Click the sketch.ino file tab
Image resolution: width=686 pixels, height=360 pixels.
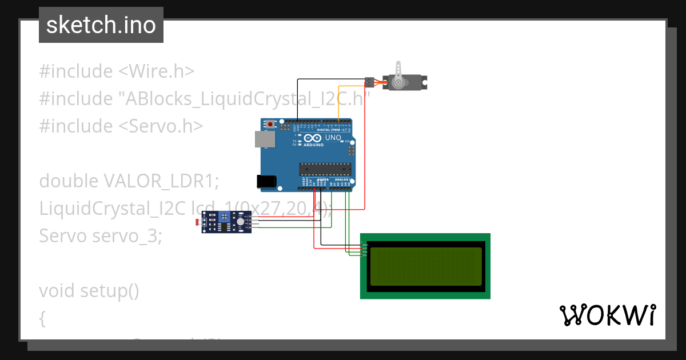101,25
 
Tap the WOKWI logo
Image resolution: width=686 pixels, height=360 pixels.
607,315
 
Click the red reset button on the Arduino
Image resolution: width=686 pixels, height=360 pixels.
270,123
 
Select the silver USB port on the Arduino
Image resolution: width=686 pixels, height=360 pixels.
265,139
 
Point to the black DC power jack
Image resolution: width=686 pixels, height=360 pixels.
266,182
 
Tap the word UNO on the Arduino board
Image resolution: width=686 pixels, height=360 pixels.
333,138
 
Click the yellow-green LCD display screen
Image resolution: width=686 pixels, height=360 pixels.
425,266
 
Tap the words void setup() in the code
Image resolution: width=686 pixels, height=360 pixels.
89,291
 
